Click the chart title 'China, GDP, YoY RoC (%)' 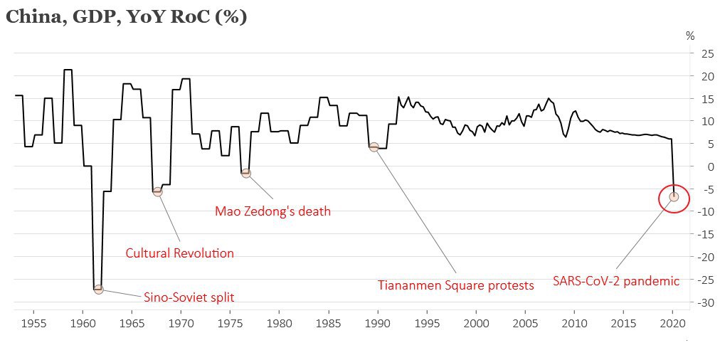coord(127,17)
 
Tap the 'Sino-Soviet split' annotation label coord(189,297)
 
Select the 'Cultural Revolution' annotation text coord(179,253)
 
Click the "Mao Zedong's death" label coord(272,211)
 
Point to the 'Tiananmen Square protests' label coord(455,285)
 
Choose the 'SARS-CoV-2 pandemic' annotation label coord(616,281)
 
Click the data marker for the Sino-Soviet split coord(98,289)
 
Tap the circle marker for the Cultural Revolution coord(157,191)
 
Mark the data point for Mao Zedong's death coord(246,173)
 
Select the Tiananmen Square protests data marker coord(374,147)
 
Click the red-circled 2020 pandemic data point coord(674,196)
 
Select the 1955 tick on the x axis coord(34,322)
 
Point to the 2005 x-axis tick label coord(525,322)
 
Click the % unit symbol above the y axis coord(689,36)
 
